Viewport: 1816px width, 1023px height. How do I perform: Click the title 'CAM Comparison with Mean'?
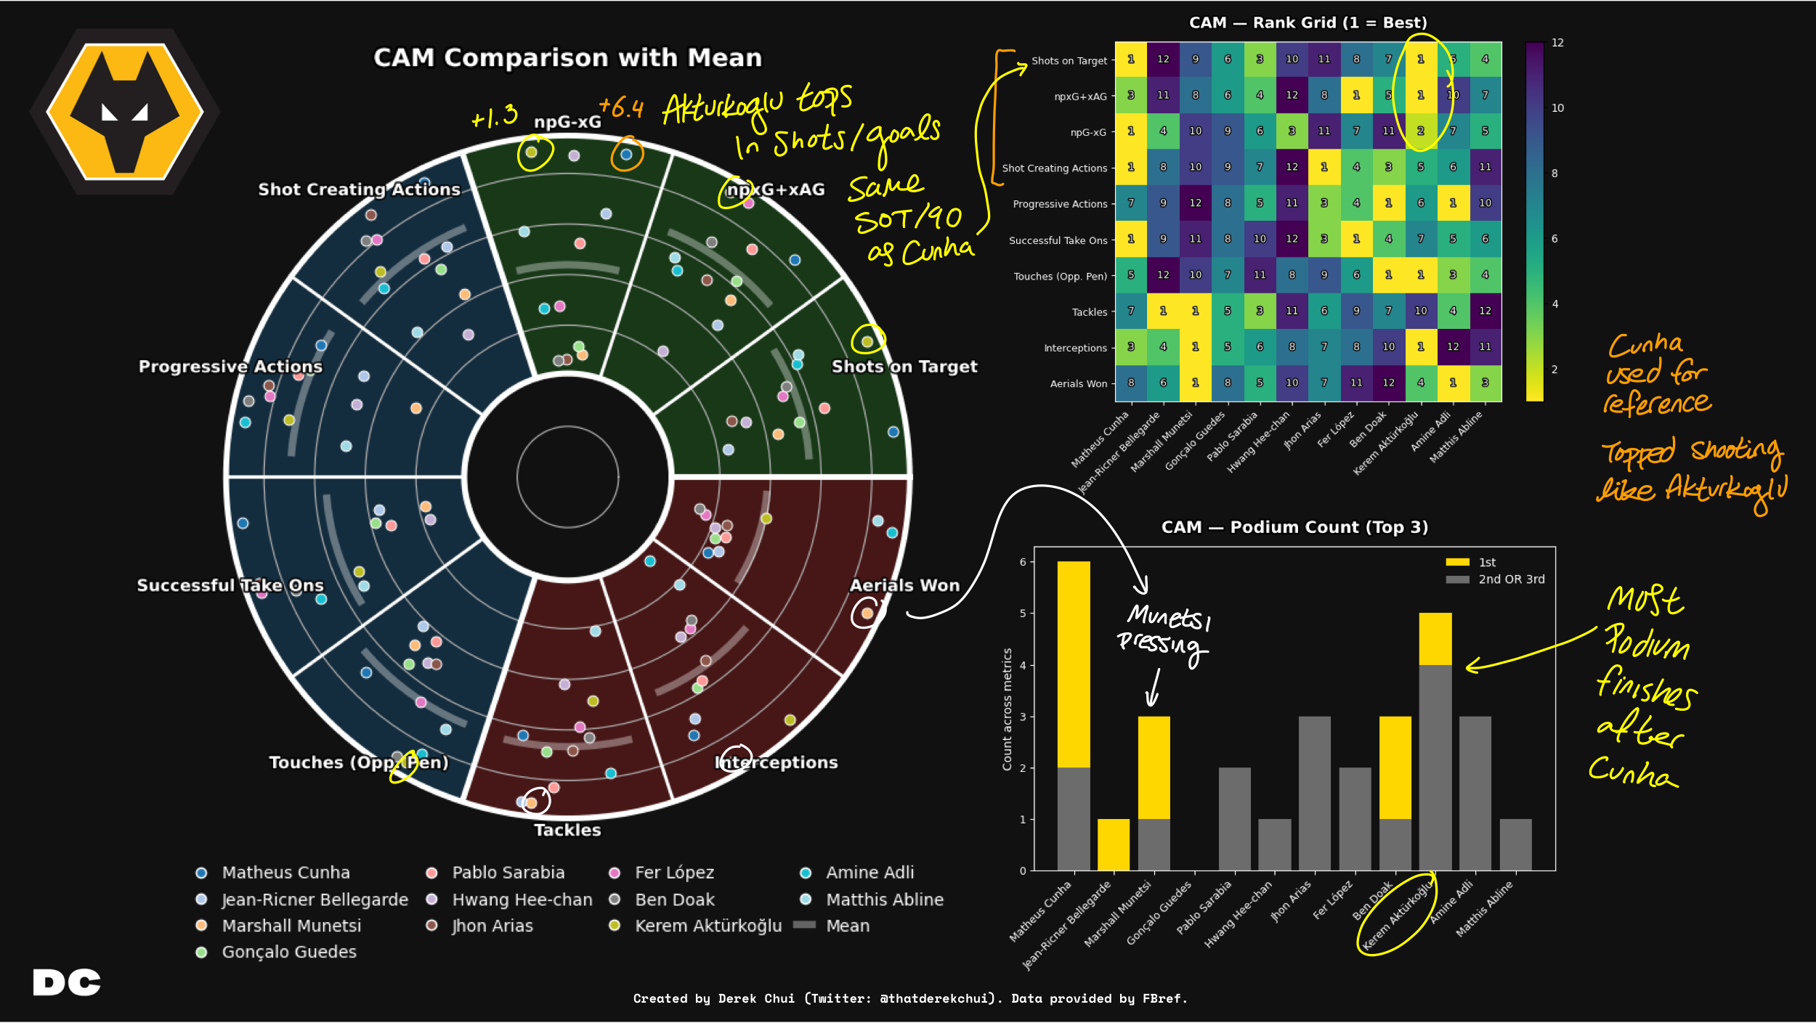(x=567, y=57)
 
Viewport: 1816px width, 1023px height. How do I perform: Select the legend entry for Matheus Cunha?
(x=285, y=872)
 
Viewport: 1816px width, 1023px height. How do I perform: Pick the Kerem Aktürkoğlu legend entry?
(x=708, y=926)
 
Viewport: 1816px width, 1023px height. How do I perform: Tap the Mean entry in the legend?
(x=847, y=926)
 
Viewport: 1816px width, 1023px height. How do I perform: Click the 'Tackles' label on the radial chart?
(x=567, y=830)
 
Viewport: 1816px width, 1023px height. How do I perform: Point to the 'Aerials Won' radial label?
(x=904, y=585)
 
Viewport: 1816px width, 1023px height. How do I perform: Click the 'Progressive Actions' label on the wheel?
(x=230, y=367)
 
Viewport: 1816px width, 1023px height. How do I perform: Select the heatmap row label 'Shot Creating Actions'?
(x=1054, y=168)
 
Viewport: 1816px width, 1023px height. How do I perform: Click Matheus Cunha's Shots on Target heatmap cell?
(x=1131, y=60)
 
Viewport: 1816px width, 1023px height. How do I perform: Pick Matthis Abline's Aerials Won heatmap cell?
(x=1485, y=383)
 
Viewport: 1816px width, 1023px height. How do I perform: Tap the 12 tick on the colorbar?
(x=1557, y=43)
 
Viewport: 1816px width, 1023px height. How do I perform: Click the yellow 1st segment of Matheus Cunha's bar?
(x=1074, y=664)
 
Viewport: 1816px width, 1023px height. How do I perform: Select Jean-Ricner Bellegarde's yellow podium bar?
(x=1113, y=844)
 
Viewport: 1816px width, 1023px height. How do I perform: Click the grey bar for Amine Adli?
(x=1475, y=793)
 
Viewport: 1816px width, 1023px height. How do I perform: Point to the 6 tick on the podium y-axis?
(x=1023, y=562)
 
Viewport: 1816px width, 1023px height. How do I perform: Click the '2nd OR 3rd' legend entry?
(x=1511, y=579)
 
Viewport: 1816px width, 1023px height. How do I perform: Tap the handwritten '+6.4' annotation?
(x=621, y=108)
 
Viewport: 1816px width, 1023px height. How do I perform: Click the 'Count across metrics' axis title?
(x=1007, y=709)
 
